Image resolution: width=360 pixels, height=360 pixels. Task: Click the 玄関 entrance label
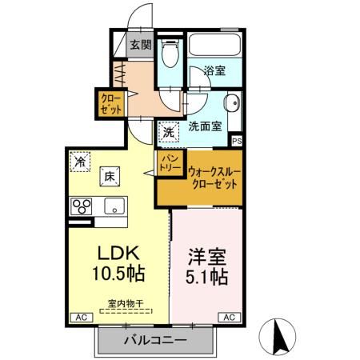tap(141, 45)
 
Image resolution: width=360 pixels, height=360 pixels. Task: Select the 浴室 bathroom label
tap(214, 70)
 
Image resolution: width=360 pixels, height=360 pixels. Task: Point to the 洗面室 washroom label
tap(206, 126)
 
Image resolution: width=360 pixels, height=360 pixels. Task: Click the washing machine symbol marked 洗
tap(169, 130)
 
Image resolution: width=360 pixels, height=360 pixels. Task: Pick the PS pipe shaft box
tap(236, 141)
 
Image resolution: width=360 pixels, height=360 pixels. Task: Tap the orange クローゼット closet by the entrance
tap(109, 104)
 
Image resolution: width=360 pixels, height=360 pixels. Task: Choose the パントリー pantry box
tap(170, 165)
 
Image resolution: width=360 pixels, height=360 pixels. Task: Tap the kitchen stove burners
tap(82, 206)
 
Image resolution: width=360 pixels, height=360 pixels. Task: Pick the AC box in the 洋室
tap(228, 318)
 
